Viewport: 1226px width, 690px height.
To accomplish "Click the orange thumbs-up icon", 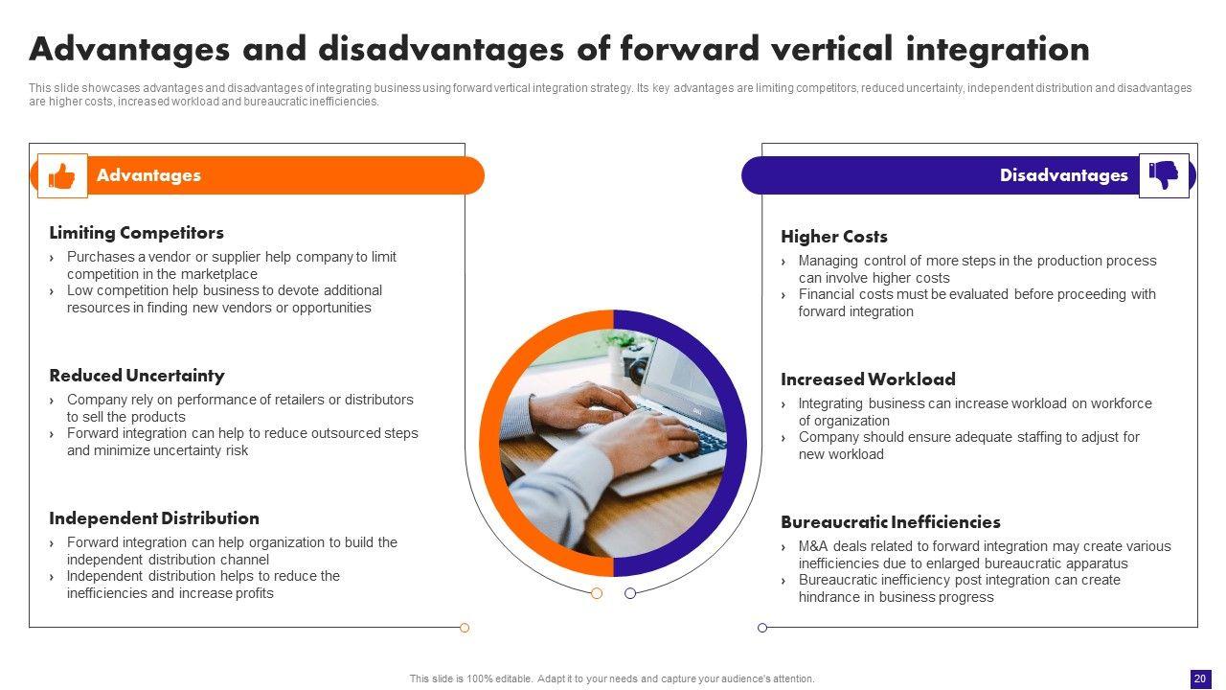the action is [x=62, y=176].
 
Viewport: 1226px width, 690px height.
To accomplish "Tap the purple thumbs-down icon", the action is [x=1164, y=175].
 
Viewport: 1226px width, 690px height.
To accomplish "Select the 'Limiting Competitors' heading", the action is [x=136, y=233].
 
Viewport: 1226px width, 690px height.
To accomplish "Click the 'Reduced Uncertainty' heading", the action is [x=137, y=376].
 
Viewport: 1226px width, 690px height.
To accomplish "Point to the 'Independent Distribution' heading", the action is [x=154, y=518].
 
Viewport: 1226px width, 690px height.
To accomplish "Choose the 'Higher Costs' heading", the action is [x=833, y=237].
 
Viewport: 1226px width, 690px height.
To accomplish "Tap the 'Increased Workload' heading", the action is [x=868, y=379].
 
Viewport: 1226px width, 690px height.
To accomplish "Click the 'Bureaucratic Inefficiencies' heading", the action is [x=891, y=522].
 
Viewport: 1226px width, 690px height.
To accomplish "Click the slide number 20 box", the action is [x=1200, y=678].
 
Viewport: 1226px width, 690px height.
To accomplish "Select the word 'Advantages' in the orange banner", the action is [x=148, y=175].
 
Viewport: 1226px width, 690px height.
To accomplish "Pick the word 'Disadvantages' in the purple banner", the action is [x=1063, y=175].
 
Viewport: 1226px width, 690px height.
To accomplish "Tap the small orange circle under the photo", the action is [x=597, y=593].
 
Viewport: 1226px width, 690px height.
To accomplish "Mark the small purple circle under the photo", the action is [x=630, y=593].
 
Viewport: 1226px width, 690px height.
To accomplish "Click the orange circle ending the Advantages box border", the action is [x=465, y=628].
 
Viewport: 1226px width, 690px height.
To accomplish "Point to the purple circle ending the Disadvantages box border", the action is [x=762, y=628].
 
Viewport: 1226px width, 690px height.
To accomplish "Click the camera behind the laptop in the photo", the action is [x=635, y=363].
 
